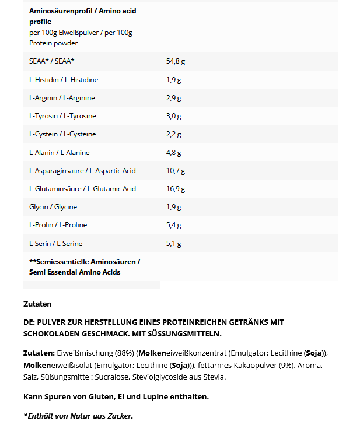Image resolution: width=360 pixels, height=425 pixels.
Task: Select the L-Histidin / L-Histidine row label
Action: (x=64, y=79)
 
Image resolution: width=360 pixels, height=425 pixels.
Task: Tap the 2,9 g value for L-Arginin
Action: (x=173, y=98)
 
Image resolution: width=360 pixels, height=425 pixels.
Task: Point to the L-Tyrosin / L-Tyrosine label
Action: (x=62, y=116)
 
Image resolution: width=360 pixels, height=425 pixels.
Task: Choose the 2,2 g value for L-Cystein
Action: (x=173, y=134)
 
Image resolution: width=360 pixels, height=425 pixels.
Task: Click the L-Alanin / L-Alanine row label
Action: (x=59, y=153)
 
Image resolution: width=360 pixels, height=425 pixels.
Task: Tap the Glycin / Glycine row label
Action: (x=53, y=207)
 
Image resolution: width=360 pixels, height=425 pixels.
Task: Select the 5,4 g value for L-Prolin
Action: (x=173, y=225)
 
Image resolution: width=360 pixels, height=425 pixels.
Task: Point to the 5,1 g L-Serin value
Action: (x=173, y=244)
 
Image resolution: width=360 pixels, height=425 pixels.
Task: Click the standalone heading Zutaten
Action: (x=37, y=304)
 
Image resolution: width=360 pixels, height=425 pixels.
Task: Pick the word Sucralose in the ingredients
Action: (x=110, y=377)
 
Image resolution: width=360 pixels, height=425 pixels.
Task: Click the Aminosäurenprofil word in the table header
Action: (x=58, y=11)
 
